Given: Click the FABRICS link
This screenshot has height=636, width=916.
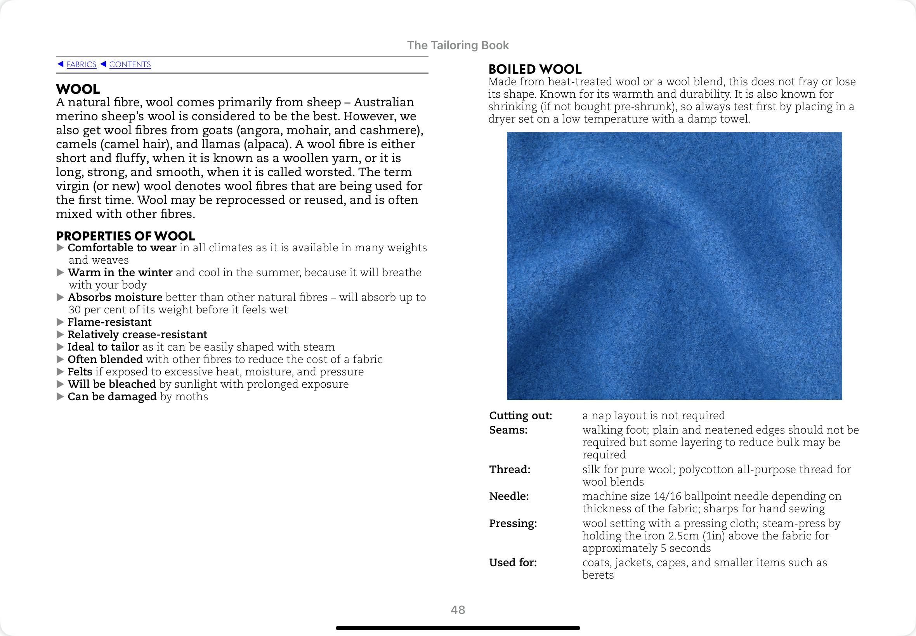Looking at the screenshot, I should point(82,64).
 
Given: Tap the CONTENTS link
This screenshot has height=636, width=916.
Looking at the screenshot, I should point(130,64).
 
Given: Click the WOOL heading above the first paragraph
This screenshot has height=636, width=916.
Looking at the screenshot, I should point(78,89).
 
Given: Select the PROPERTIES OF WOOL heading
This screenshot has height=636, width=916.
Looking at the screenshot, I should point(126,236).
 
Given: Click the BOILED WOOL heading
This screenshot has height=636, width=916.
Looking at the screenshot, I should point(535,69).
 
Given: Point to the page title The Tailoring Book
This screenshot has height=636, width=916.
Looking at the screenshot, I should point(458,45).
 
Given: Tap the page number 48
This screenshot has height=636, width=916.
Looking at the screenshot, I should point(458,610).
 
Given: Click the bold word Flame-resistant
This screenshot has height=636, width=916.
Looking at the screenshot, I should point(110,322).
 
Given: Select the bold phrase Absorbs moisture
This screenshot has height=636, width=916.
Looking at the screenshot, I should point(115,297).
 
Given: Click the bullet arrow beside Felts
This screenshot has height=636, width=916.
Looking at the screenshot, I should point(60,372).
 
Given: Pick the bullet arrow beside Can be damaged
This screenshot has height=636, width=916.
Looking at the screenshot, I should point(60,396).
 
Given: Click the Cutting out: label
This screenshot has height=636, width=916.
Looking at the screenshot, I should point(520,416).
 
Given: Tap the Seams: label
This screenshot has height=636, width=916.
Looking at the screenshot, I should point(508,430).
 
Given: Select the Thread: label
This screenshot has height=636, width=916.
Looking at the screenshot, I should point(510,469).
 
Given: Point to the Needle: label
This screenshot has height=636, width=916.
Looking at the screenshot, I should point(509,496).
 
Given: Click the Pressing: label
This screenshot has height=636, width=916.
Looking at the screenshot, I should point(513,523).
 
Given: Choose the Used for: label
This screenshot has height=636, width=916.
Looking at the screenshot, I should point(513,563).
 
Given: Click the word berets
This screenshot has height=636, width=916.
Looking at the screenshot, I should point(598,575).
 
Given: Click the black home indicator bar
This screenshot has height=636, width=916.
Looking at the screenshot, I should point(458,628).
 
